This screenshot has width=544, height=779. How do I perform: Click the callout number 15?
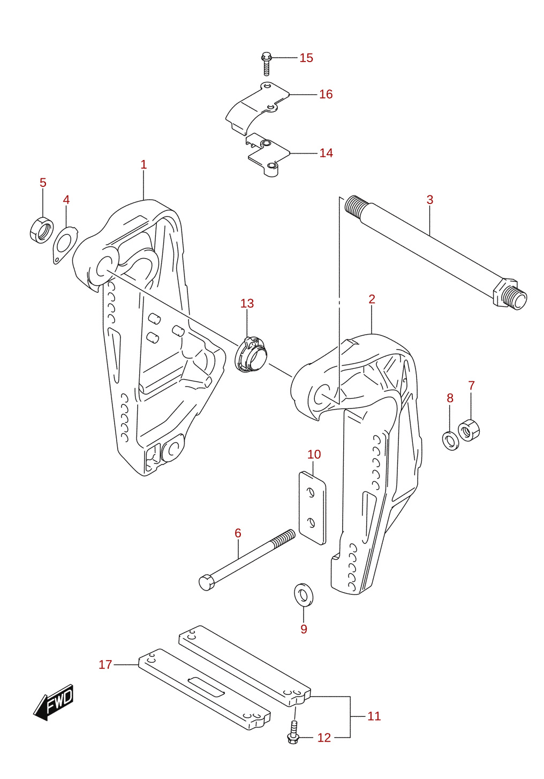coord(306,58)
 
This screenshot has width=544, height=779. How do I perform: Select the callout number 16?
coord(326,94)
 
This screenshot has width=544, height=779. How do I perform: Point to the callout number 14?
coord(326,153)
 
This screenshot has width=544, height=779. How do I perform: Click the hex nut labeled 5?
coord(42,230)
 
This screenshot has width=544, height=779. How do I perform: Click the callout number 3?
coord(430,200)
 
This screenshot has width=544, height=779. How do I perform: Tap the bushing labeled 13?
coord(252,354)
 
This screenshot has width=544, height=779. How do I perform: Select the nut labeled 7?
coord(469,430)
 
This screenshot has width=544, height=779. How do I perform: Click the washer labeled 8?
coord(451,441)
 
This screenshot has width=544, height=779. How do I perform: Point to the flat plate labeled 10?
coord(312,508)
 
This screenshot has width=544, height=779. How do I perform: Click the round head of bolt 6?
coord(207,583)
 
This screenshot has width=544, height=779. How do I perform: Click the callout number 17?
coord(105,664)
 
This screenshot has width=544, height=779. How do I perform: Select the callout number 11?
coord(374,716)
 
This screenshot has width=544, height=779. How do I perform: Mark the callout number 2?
coord(372,299)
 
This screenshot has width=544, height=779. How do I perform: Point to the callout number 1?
coord(143,164)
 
